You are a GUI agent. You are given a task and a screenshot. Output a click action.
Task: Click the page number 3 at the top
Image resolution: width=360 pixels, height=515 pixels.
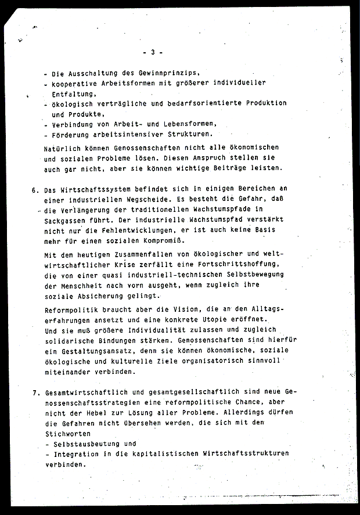152,52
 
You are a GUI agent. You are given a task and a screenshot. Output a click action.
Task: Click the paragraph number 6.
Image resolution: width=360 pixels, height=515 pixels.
35,189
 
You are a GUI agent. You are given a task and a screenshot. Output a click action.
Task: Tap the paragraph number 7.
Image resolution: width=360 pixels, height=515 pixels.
35,392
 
